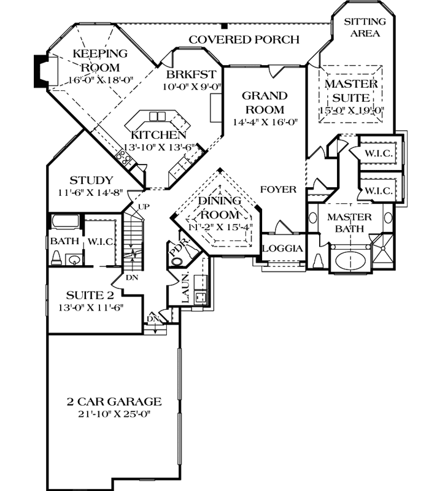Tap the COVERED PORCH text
point(244,40)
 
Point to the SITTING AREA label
point(365,27)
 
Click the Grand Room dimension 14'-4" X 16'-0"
point(265,122)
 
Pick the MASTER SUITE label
point(347,90)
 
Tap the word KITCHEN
point(158,135)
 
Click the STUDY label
point(91,180)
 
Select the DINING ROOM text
point(218,208)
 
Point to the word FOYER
point(278,190)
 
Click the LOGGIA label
point(283,249)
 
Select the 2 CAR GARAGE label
point(114,402)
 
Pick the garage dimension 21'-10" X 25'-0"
point(114,414)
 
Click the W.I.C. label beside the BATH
point(102,242)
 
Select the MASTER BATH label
point(349,223)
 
